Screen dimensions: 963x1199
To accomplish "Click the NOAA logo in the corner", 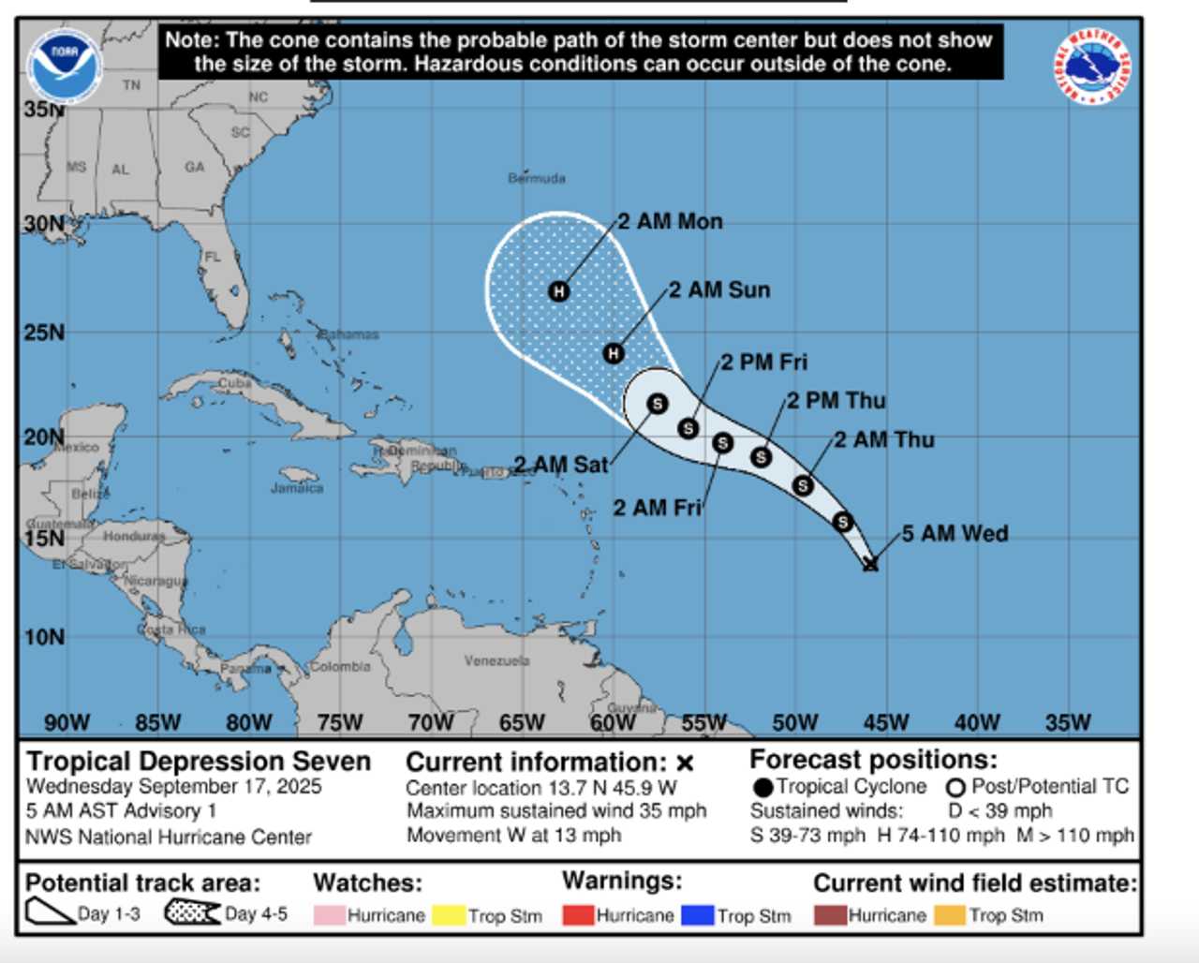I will tap(64, 65).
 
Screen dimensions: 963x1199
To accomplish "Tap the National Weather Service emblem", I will tap(1092, 67).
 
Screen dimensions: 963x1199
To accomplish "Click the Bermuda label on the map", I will tap(537, 178).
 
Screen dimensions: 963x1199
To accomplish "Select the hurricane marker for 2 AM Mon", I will tap(558, 291).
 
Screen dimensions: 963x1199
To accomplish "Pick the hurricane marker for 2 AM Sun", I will tap(614, 353).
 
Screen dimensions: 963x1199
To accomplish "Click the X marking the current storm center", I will tap(870, 563).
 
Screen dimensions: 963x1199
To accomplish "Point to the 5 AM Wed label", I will tap(955, 534).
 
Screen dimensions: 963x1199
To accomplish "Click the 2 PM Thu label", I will tap(836, 401).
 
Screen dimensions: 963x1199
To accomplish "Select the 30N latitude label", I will tap(44, 225).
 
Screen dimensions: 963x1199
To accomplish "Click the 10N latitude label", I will tap(44, 637).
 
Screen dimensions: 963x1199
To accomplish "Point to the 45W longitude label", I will tap(885, 722).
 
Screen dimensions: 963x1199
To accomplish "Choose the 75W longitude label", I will tap(339, 722).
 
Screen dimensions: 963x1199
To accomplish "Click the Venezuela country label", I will tap(496, 660).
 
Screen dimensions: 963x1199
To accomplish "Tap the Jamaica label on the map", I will tap(297, 488).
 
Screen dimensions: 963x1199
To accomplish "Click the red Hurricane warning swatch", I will tap(578, 915).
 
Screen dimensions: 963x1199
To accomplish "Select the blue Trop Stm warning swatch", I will tap(697, 915).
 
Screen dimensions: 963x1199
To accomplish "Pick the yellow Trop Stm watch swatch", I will tap(449, 915).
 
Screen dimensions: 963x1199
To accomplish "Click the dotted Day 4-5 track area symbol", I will tap(192, 911).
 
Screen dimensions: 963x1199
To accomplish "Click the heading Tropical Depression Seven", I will tap(199, 761).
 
